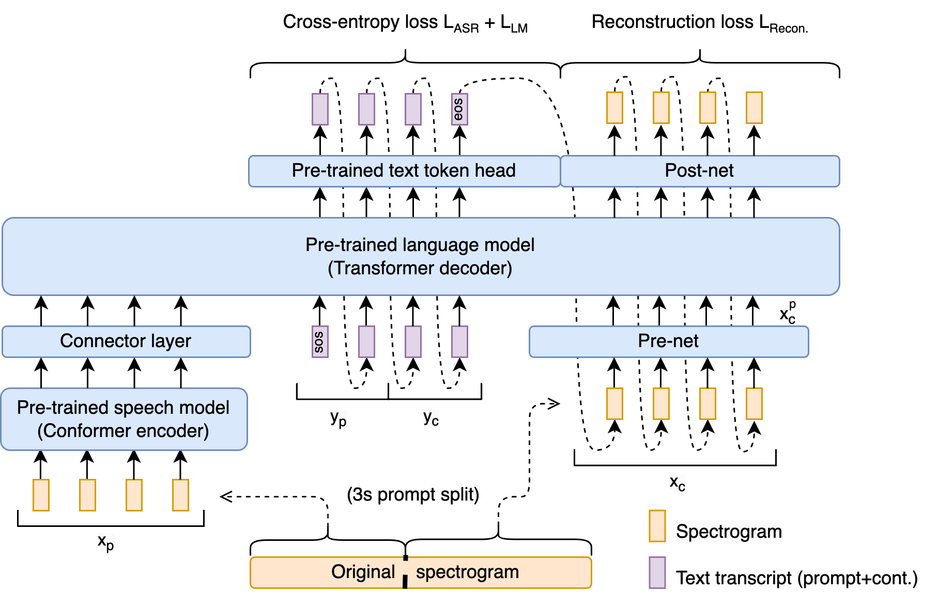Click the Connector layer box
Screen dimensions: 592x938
click(126, 341)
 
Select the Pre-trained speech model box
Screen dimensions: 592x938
click(124, 419)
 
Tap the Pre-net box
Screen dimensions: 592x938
click(668, 341)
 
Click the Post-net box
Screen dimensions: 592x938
click(699, 171)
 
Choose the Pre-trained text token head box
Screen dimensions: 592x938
click(404, 171)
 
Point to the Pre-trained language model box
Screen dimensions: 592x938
click(420, 256)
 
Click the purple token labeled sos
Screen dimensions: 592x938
click(320, 341)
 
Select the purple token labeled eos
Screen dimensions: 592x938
click(459, 109)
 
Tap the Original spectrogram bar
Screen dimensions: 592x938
click(420, 572)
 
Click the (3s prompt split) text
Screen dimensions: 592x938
click(413, 494)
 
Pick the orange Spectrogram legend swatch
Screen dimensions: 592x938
click(657, 526)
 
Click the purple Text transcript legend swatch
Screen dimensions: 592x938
click(657, 572)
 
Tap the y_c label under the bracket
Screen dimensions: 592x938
click(431, 418)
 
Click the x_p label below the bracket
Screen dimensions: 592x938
click(106, 542)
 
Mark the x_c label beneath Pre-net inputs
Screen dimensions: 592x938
click(678, 484)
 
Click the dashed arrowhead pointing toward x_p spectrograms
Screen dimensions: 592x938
click(225, 496)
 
